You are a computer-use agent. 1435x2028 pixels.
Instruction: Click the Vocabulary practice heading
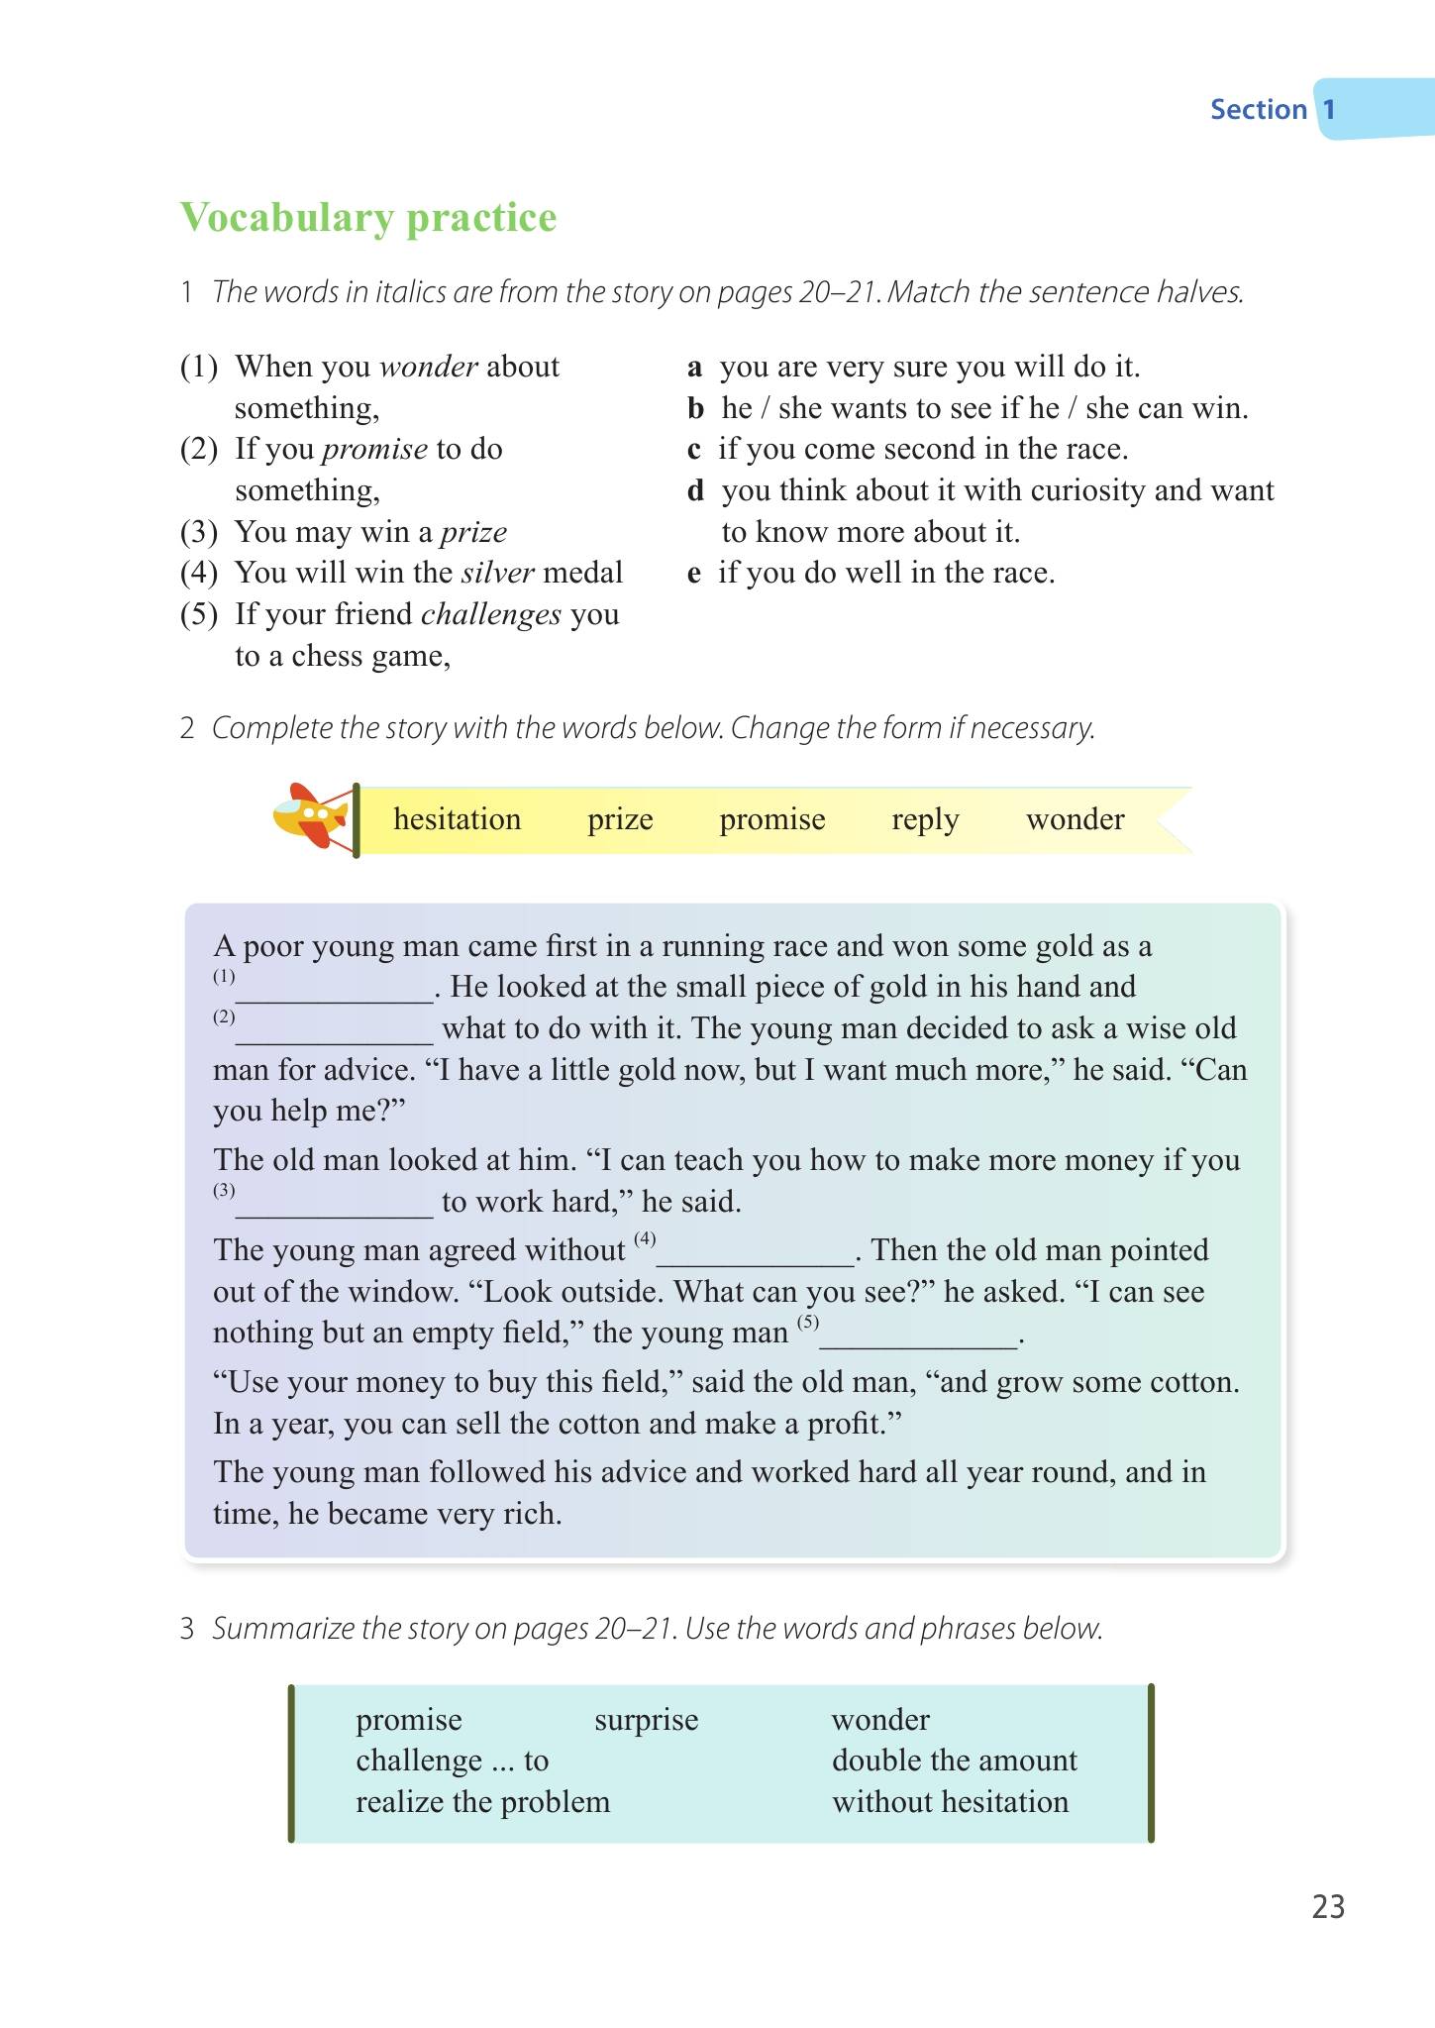[x=368, y=218]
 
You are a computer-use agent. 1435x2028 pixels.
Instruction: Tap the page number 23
[x=1328, y=1907]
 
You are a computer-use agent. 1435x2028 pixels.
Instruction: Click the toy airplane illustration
[x=311, y=816]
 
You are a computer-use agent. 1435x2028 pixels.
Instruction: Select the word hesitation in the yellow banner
[x=457, y=819]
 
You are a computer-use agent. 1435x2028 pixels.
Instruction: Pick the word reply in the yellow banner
[x=925, y=819]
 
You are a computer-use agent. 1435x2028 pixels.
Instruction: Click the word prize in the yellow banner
[x=620, y=819]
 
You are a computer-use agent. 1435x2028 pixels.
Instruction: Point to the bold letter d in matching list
[x=695, y=490]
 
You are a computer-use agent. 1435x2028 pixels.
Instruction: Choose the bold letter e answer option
[x=694, y=573]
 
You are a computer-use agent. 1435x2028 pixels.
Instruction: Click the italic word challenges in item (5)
[x=491, y=615]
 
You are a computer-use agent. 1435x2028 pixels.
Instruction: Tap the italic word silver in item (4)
[x=498, y=573]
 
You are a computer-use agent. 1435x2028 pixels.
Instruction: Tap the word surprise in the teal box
[x=646, y=1719]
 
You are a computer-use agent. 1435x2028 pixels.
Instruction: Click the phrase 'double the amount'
[x=954, y=1761]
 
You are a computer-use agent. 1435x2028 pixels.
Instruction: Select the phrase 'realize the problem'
[x=483, y=1802]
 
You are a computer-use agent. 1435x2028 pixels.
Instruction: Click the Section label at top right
[x=1259, y=109]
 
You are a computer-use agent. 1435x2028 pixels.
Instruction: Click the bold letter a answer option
[x=695, y=367]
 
